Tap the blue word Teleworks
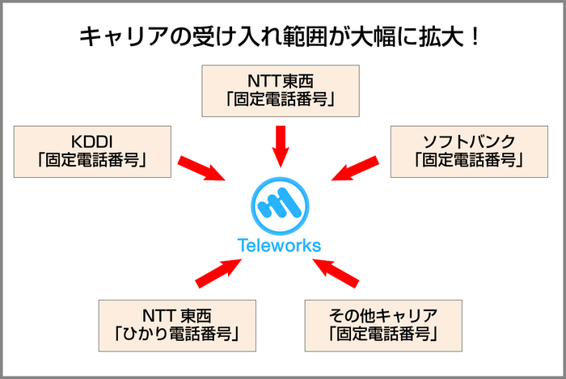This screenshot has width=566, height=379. [x=280, y=246]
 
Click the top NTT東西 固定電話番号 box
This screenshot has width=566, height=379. [x=280, y=90]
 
